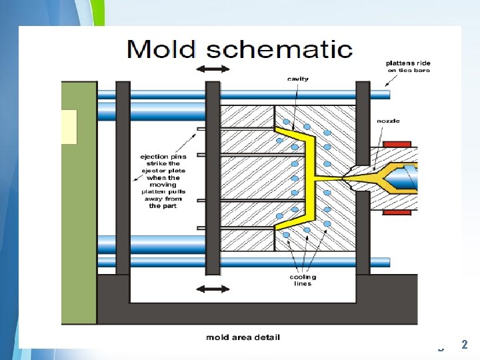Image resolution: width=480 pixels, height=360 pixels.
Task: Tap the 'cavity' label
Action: coord(298,79)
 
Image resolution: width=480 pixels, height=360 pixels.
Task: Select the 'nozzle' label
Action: coord(388,121)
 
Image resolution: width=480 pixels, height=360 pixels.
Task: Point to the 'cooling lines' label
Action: coord(303,280)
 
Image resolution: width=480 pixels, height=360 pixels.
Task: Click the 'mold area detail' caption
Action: coord(243,337)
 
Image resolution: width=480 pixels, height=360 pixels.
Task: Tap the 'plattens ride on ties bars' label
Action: coord(408,67)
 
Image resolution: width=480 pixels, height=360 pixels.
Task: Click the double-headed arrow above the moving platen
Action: coord(212,69)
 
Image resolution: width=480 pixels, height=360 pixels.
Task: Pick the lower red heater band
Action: coord(397,212)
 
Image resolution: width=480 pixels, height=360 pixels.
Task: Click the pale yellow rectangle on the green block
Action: coord(69,127)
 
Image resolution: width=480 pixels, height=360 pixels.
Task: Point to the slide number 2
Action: coord(465,345)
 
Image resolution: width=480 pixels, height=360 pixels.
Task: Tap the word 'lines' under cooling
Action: coord(303,284)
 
